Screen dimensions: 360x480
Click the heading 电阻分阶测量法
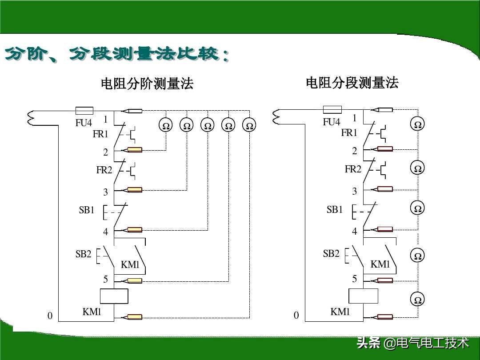(x=147, y=84)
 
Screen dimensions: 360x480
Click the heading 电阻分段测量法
(x=352, y=83)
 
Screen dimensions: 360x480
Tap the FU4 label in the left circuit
(x=83, y=123)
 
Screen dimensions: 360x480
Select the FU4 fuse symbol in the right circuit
(x=332, y=110)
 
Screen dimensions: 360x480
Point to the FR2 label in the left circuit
(x=104, y=170)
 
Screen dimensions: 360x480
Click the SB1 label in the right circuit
(x=335, y=210)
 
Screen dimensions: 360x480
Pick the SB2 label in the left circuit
(x=83, y=254)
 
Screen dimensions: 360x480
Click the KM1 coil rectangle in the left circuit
(x=114, y=296)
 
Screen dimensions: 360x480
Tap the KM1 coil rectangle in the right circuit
(x=363, y=296)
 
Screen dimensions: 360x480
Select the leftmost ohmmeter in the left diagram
(x=166, y=126)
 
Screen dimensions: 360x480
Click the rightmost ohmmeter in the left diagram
(x=250, y=126)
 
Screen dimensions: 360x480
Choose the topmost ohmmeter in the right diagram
(x=418, y=125)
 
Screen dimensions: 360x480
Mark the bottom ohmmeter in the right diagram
(x=418, y=300)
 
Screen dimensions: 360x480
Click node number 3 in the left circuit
(x=105, y=192)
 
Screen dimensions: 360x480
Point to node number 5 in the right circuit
(x=354, y=279)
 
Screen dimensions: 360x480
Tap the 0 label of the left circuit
(x=50, y=316)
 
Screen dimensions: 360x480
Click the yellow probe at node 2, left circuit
(x=135, y=150)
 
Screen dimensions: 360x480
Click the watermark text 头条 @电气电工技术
(x=412, y=343)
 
